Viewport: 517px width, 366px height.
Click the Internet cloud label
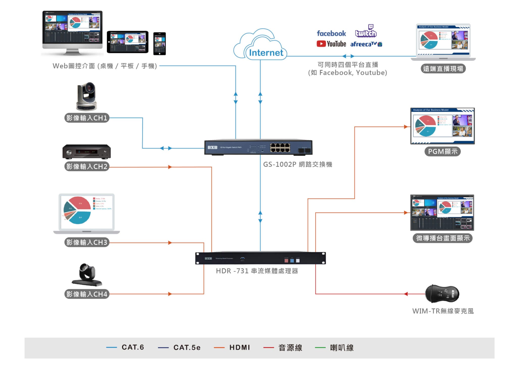266,53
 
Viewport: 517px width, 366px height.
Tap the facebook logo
331,33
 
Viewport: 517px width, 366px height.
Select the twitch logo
366,32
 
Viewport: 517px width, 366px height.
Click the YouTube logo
331,44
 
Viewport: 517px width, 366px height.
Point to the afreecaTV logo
366,44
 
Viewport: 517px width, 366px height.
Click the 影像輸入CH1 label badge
87,118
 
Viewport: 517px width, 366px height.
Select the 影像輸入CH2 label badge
87,167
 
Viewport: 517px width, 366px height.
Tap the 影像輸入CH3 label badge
87,242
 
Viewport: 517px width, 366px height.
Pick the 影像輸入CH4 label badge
87,294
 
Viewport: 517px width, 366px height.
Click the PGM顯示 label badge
443,151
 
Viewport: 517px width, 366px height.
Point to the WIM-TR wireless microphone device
442,294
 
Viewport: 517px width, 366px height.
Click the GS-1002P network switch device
258,147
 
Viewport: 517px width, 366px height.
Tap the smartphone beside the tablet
160,43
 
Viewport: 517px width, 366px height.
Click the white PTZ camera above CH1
86,97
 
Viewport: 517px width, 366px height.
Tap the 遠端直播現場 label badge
443,69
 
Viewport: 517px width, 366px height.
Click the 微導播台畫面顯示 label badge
443,238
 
